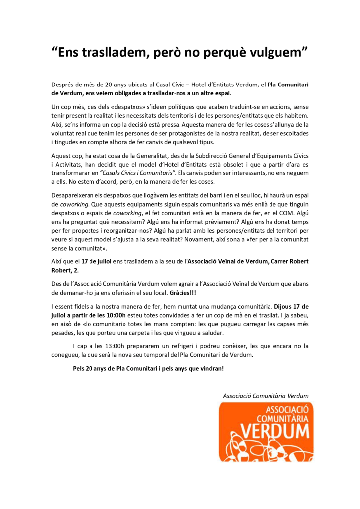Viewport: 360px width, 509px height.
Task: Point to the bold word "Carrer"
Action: pos(266,262)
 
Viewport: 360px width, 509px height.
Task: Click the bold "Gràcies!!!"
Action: pos(181,293)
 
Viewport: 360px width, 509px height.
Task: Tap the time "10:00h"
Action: pos(114,315)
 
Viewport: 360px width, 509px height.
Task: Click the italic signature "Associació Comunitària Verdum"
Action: pos(265,396)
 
